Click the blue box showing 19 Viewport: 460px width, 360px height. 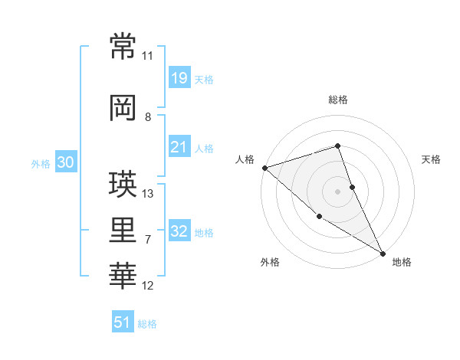179,78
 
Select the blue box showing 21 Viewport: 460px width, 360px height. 179,147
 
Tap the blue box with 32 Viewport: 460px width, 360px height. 179,232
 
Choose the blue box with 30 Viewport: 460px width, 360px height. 65,162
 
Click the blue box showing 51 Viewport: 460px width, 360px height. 123,322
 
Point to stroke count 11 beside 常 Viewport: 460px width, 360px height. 147,56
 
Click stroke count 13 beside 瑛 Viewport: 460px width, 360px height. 148,193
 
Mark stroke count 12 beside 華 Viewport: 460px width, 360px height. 148,286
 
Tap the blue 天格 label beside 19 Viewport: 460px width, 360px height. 204,80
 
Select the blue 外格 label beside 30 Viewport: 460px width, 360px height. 40,164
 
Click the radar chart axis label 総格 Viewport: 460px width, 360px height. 338,100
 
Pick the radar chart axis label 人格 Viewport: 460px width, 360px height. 245,159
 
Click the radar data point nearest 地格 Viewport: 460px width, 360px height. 383,253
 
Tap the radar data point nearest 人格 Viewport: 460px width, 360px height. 264,167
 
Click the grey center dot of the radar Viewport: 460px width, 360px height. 338,191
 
